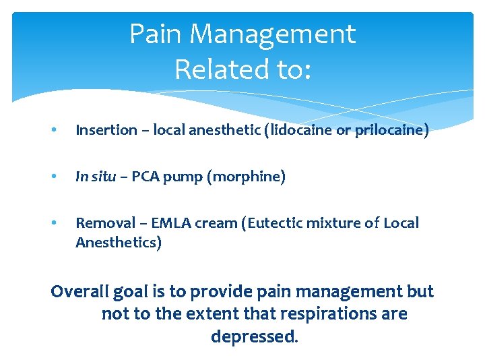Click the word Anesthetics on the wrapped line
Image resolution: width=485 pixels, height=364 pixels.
click(119, 243)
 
